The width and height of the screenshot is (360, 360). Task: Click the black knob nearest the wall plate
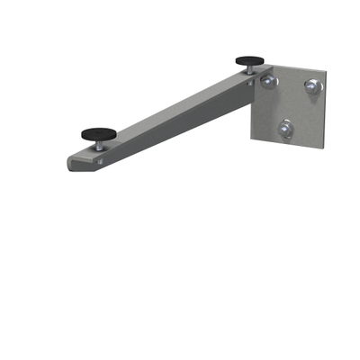coord(250,61)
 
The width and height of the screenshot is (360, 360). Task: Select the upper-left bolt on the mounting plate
coord(268,82)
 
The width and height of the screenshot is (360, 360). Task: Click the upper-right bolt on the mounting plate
coord(312,86)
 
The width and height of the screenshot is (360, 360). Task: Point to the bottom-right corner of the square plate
coord(322,145)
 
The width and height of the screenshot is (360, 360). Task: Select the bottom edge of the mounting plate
coord(288,143)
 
